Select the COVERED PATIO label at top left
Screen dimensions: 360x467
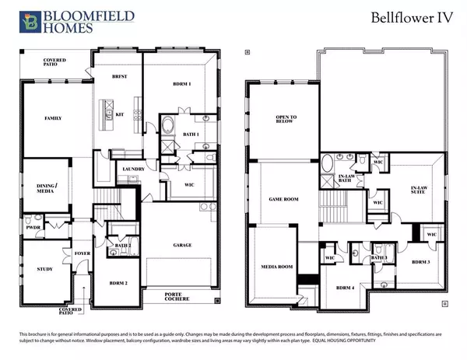tap(54, 62)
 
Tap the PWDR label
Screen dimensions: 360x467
tap(33, 229)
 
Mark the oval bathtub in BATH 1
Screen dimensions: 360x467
tap(168, 125)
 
